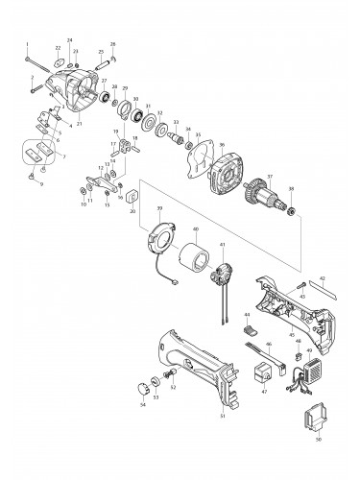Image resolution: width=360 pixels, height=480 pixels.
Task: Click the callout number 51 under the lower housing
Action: click(222, 417)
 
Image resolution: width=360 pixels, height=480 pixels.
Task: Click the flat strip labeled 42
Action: click(327, 291)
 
